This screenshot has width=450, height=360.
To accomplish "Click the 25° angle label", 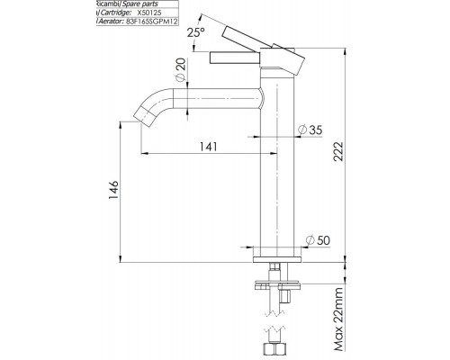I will pyautogui.click(x=195, y=33).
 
